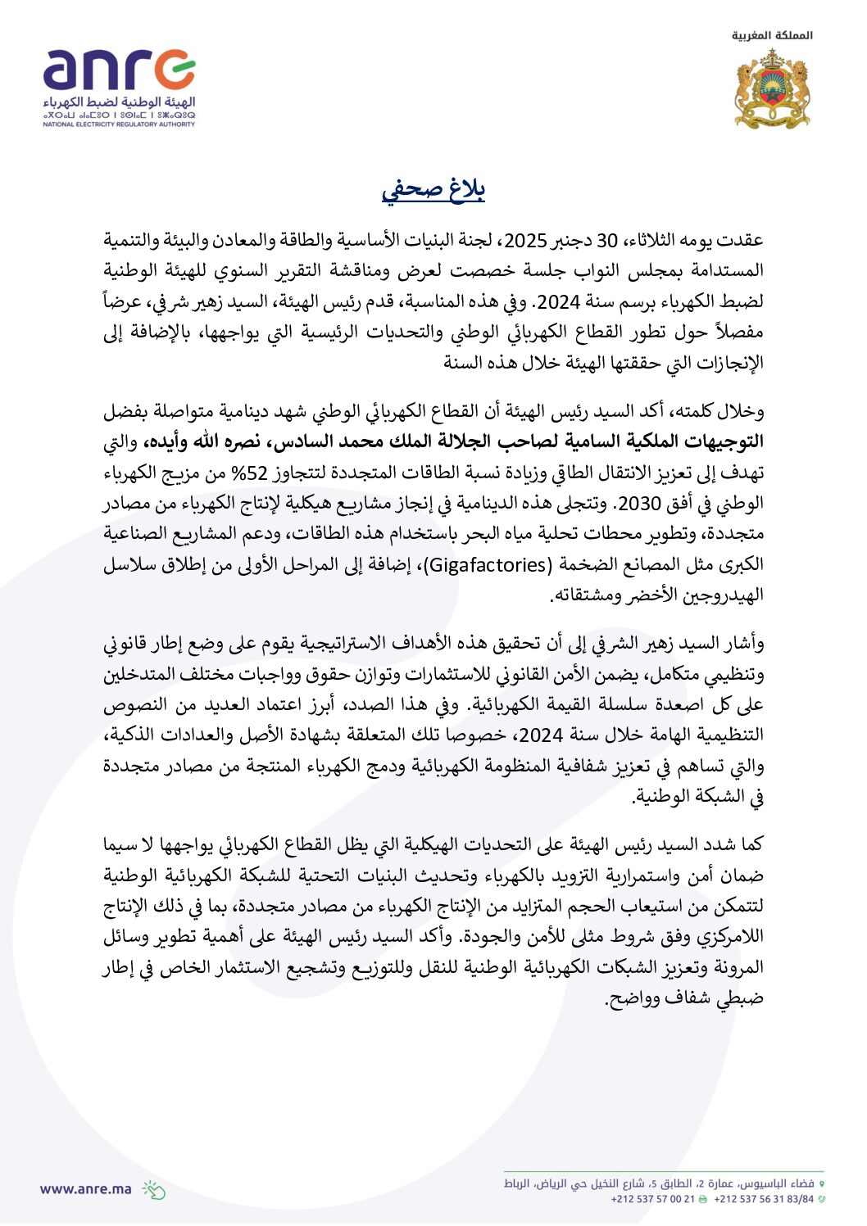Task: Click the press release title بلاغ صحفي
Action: coord(433,189)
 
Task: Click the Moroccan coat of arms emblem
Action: coord(772,88)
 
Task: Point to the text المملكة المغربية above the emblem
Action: coord(772,35)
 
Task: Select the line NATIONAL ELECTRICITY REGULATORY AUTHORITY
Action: coord(119,124)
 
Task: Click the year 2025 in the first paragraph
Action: coord(524,241)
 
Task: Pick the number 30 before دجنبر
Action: coord(606,241)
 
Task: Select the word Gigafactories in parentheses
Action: coord(488,565)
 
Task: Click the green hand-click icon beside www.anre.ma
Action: coord(154,1189)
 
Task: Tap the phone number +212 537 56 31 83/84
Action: coord(764,1199)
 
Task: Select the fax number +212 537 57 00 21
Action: coord(652,1199)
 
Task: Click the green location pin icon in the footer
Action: coord(822,1184)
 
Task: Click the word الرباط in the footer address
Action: coord(515,1184)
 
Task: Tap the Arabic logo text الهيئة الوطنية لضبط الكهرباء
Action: coord(120,102)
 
